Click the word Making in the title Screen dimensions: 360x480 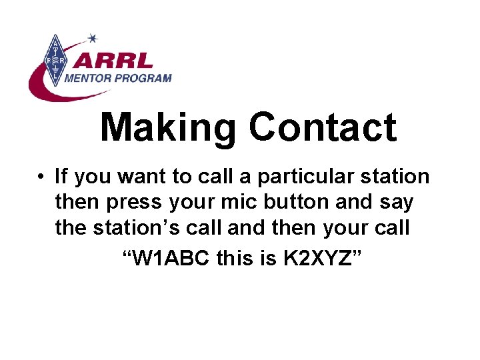(x=169, y=128)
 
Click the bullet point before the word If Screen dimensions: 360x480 (x=41, y=177)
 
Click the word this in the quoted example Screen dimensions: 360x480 (x=235, y=257)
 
